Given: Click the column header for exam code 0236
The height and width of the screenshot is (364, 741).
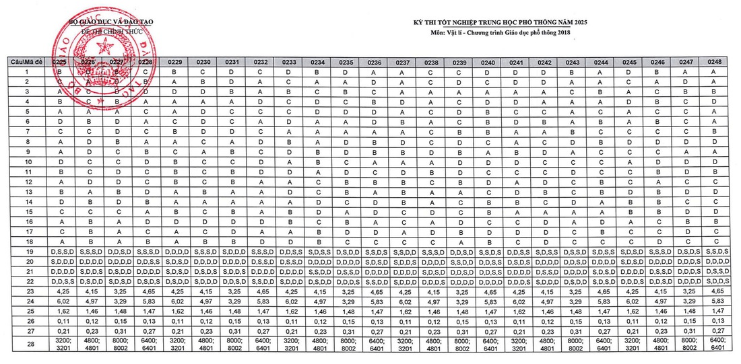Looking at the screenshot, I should click(375, 62).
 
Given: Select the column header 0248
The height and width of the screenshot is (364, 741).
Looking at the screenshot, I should click(715, 62).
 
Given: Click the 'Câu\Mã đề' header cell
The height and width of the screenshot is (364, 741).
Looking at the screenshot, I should click(26, 62).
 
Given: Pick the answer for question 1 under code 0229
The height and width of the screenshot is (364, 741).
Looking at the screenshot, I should click(174, 71).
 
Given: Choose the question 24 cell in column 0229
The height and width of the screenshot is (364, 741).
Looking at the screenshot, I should click(174, 303).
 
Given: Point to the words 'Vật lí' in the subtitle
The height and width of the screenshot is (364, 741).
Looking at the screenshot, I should click(463, 33).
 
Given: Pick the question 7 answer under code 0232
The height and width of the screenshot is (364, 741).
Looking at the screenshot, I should click(260, 131).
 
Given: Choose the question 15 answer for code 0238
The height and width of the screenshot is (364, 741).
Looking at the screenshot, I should click(432, 211).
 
